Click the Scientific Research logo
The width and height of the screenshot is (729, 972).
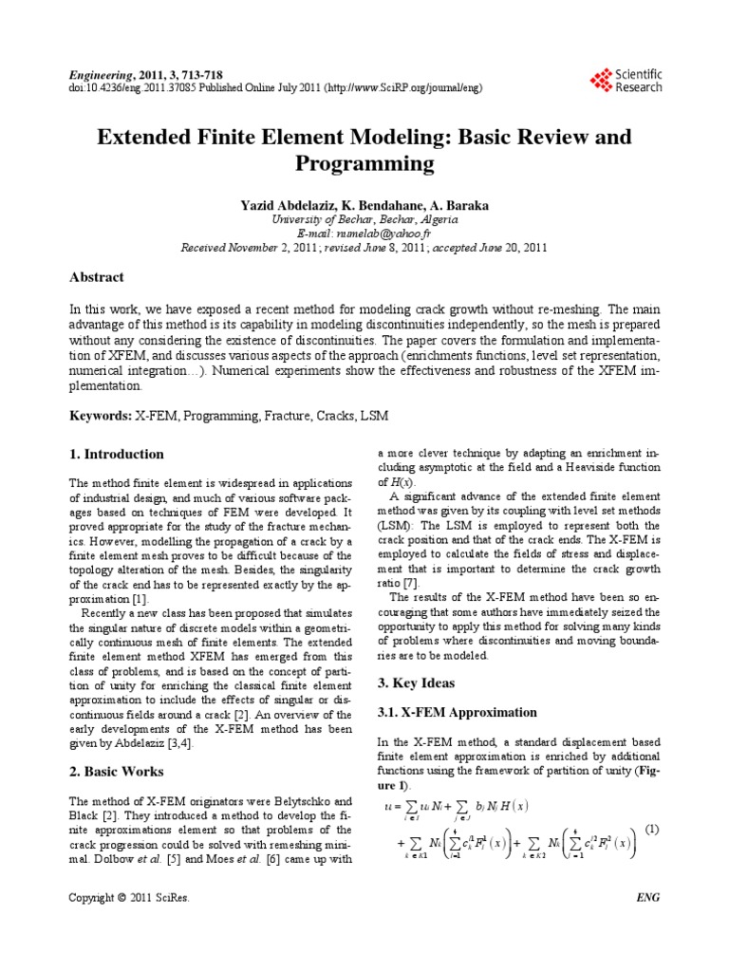tap(626, 81)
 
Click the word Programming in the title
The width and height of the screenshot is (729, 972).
tap(364, 165)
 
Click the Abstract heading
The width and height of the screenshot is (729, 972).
tap(97, 277)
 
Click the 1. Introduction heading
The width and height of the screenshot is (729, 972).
tap(117, 454)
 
